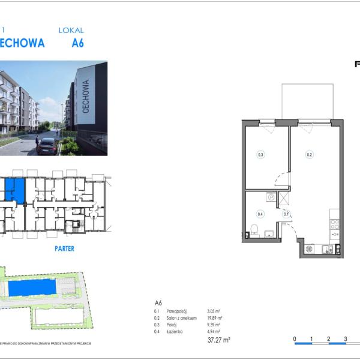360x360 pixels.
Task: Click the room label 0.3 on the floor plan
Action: click(x=260, y=155)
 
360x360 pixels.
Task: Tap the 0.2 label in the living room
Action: click(x=309, y=155)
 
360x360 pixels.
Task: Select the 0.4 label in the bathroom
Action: click(x=260, y=213)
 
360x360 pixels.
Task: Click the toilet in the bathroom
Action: click(x=254, y=230)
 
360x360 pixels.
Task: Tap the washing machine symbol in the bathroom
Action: click(x=271, y=197)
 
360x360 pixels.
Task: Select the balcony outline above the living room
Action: click(x=307, y=102)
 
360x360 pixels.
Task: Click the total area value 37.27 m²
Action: click(x=219, y=340)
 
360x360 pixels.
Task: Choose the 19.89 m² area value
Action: click(x=214, y=318)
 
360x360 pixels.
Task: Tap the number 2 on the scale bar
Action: click(x=329, y=340)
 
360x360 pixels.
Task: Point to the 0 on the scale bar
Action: click(x=295, y=340)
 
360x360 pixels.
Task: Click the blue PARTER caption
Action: click(x=64, y=248)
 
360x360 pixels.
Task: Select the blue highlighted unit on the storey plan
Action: click(x=17, y=190)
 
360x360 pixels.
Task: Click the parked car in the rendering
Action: click(x=47, y=146)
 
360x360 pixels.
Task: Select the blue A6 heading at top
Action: click(x=77, y=43)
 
